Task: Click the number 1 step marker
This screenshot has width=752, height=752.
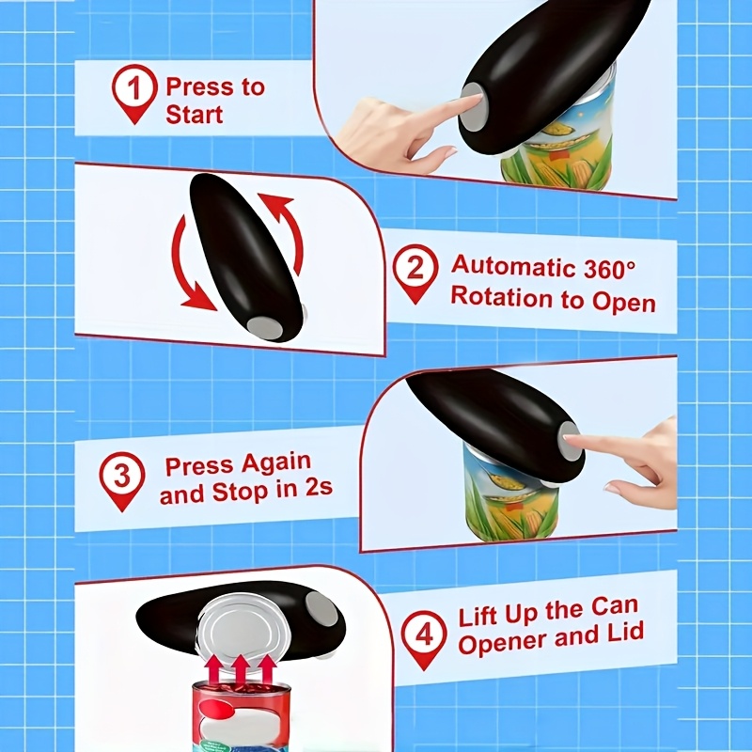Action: pos(134,93)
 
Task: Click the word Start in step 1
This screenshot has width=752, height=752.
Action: pos(195,115)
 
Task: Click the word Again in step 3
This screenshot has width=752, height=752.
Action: pos(275,462)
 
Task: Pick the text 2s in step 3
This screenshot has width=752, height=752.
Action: pos(319,488)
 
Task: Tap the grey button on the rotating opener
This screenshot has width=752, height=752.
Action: pos(266,328)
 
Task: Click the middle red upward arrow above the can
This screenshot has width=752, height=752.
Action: pos(241,669)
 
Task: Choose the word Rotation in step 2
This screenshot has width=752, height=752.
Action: pos(501,297)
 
